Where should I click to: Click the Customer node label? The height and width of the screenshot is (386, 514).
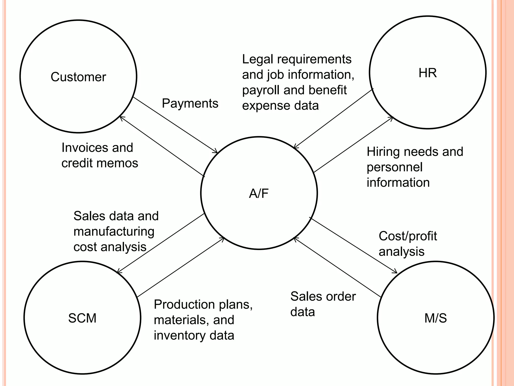point(78,77)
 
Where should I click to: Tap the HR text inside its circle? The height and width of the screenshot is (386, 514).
point(427,73)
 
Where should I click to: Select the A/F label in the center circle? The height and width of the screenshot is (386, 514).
point(259,194)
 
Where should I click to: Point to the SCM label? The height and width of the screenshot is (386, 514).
point(82,318)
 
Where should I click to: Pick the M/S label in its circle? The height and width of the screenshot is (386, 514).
point(435,318)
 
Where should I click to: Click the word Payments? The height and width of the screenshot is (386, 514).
point(190,103)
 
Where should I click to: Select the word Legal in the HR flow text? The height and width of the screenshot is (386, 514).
point(257,60)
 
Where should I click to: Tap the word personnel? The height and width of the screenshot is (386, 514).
point(395,167)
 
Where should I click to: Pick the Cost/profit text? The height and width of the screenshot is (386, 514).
point(408,236)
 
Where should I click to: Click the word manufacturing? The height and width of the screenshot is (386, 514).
point(114,231)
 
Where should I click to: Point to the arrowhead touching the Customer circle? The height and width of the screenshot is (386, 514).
point(121,118)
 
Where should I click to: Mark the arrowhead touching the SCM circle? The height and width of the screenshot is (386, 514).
point(118,272)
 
